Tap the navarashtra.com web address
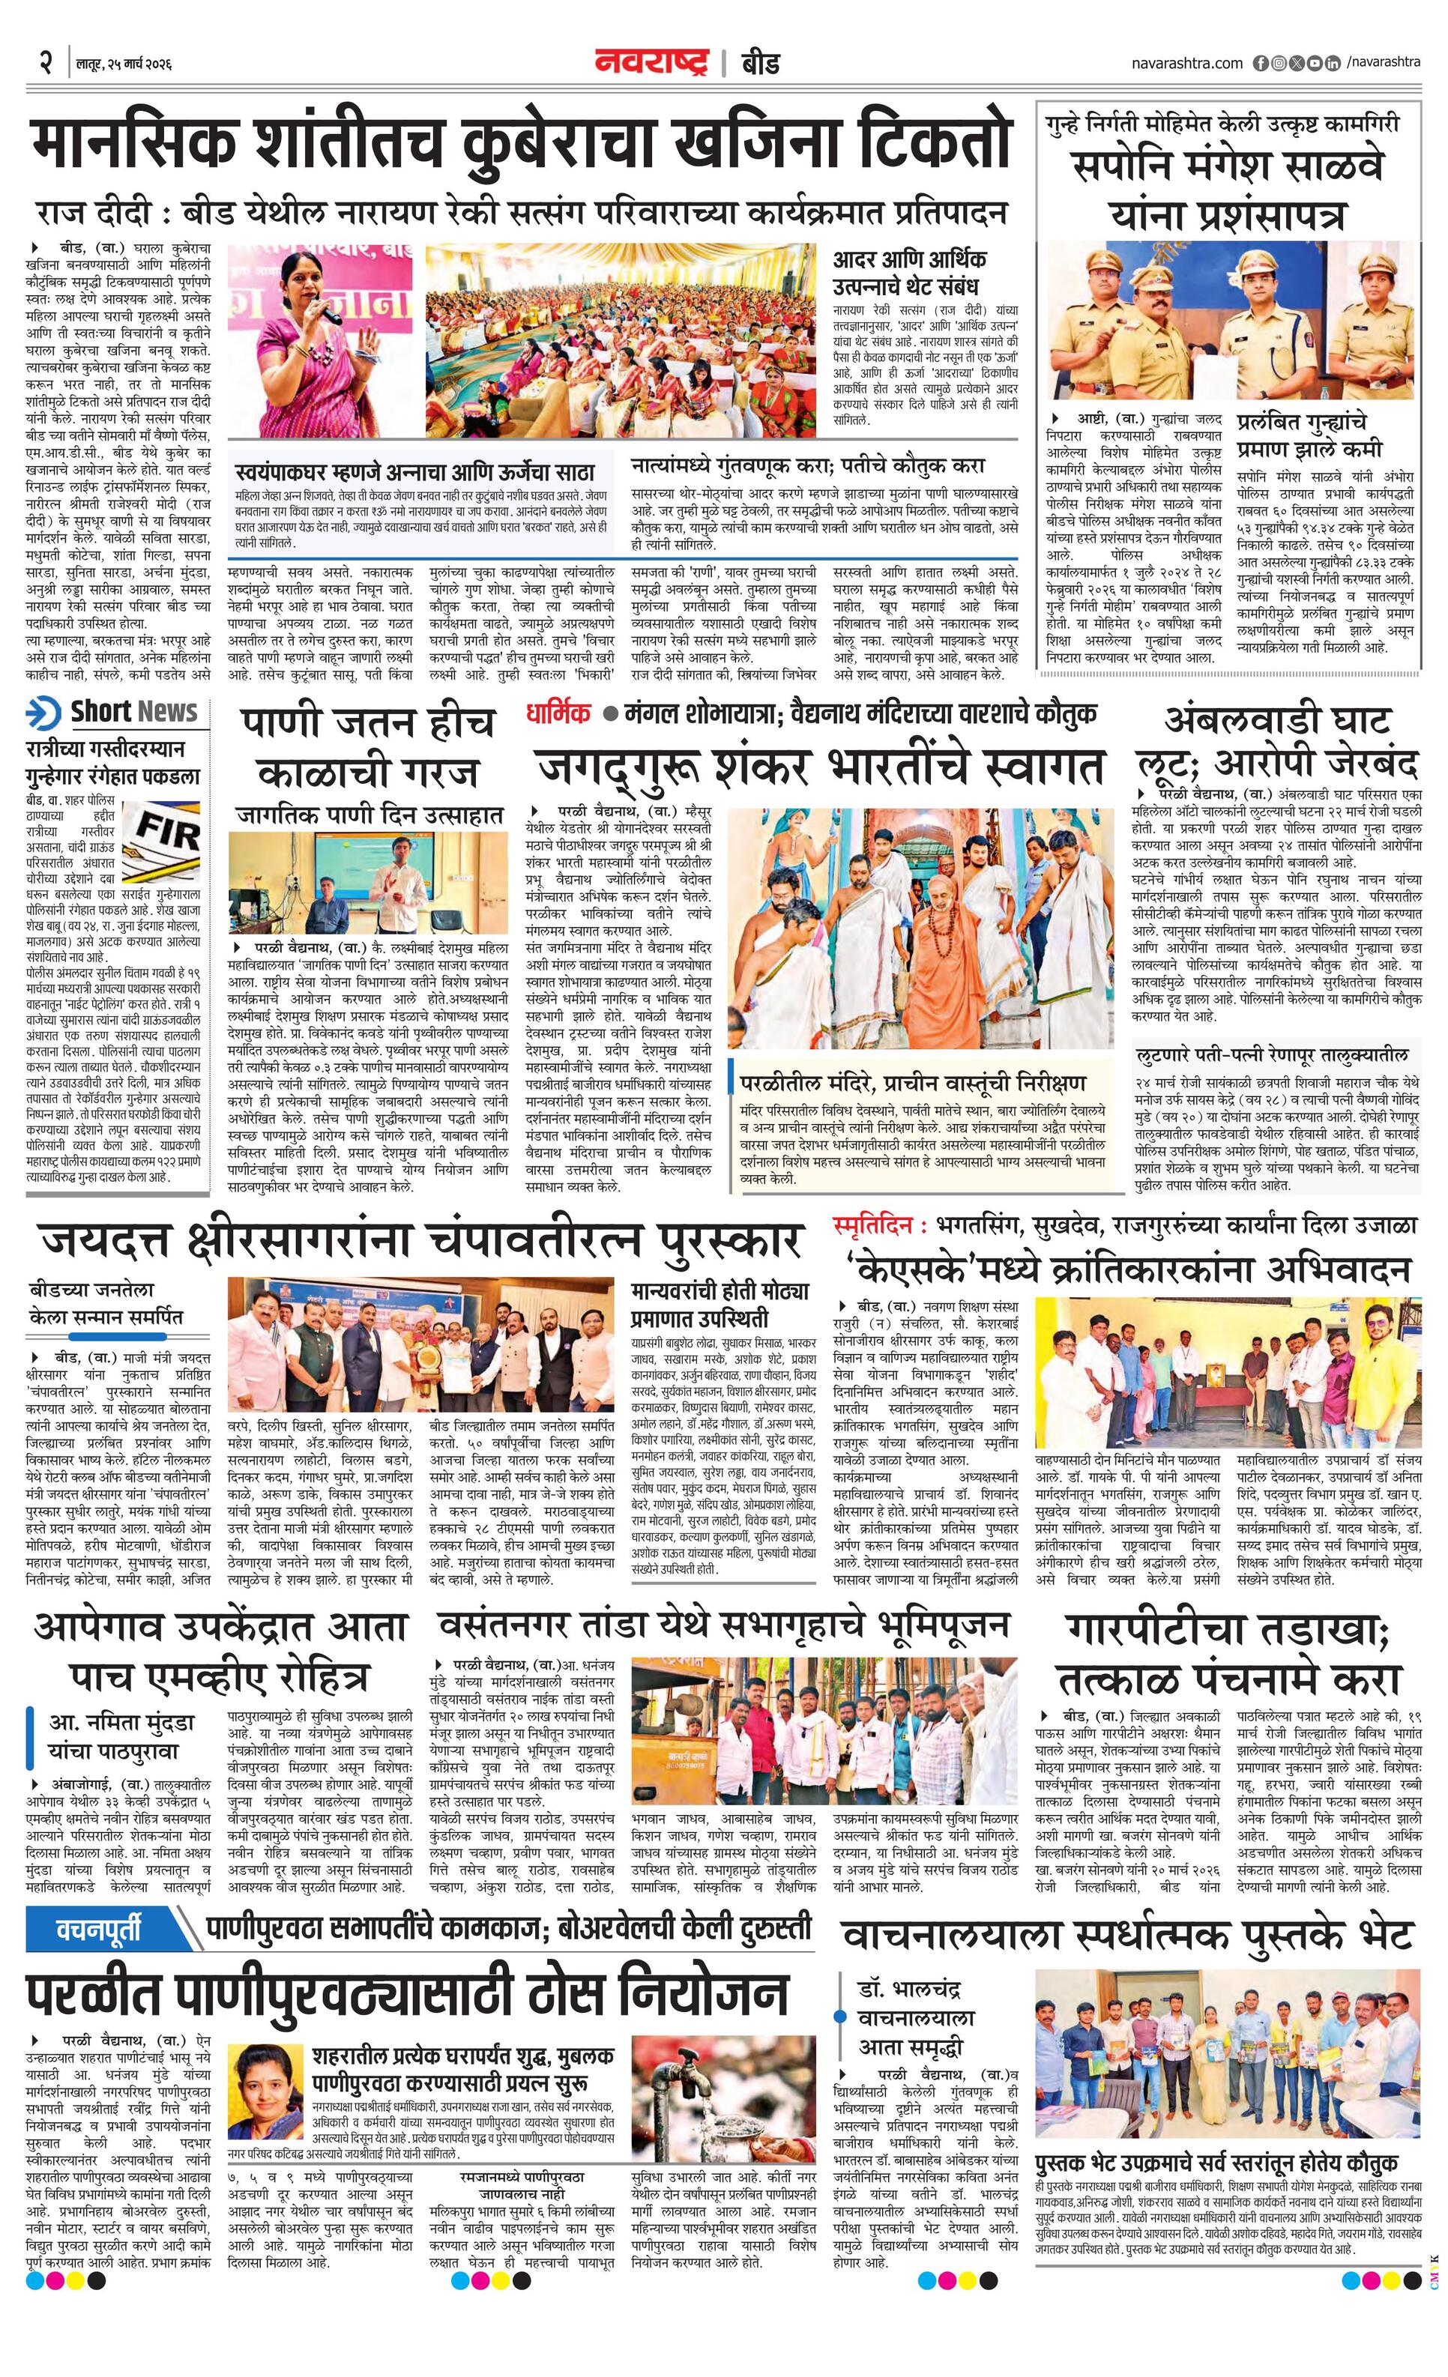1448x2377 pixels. tap(1186, 64)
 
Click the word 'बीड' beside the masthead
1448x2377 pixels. tap(760, 64)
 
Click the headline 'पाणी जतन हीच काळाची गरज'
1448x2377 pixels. tap(369, 749)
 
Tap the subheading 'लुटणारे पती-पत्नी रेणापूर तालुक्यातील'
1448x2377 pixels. tap(1271, 1055)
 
